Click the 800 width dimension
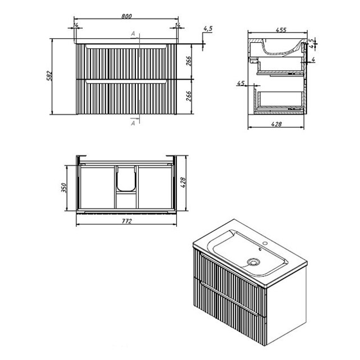tap(126, 16)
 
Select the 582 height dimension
tap(50, 76)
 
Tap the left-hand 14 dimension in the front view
tap(75, 25)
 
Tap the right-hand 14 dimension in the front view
tap(177, 25)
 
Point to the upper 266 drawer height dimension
tap(189, 61)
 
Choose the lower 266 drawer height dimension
tap(189, 96)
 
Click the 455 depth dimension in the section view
tap(281, 30)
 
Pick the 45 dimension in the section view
tap(240, 83)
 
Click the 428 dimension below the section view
tap(276, 124)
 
